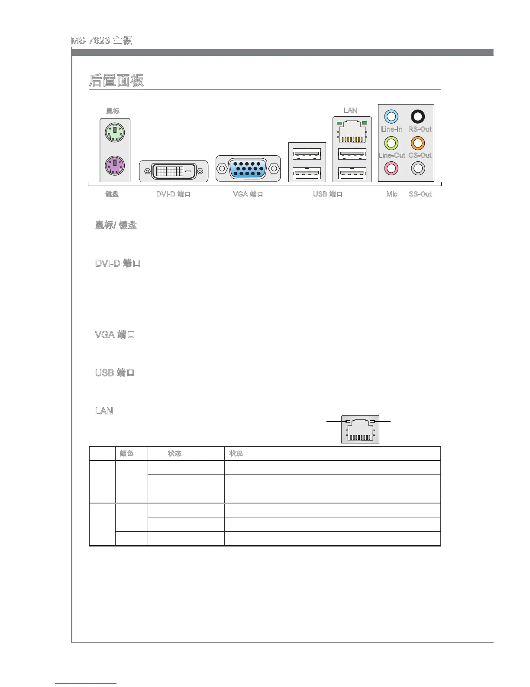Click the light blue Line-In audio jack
pos(391,117)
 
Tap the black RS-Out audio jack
pos(417,117)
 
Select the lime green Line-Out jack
pos(391,143)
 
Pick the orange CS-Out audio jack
pos(417,143)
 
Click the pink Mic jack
pos(391,168)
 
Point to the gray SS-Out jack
pos(417,168)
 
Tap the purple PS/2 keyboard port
pos(115,165)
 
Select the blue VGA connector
pos(248,168)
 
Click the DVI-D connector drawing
pos(173,171)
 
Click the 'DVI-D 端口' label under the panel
pos(173,194)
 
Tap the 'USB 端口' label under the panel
pos(328,194)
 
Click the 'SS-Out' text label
pos(420,194)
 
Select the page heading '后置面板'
pos(116,81)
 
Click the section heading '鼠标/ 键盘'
pos(116,225)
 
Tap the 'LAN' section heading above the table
pos(104,411)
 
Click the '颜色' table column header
pos(126,454)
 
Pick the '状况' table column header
pos(236,454)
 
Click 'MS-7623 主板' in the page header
pos(101,41)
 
